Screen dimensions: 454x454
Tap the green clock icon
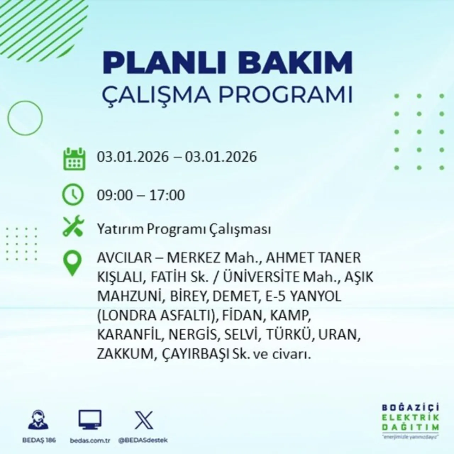pos(73,195)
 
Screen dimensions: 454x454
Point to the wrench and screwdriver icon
pos(73,227)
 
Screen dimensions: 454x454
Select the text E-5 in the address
pos(275,296)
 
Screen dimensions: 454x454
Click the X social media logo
pos(144,421)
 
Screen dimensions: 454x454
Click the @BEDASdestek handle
pos(143,440)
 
